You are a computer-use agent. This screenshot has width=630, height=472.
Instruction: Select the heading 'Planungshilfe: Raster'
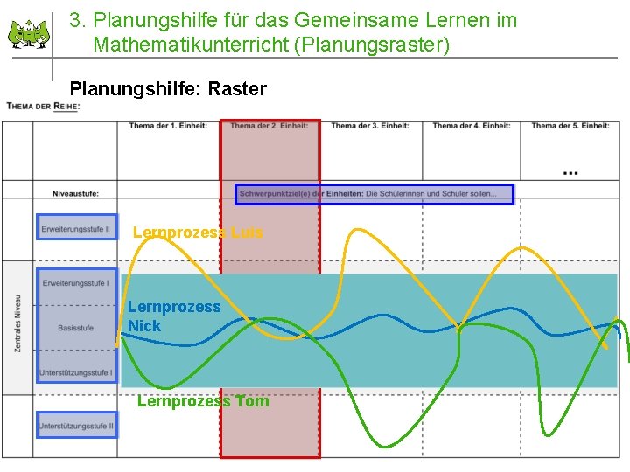click(x=168, y=88)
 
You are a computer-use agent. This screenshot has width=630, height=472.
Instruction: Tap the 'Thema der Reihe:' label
click(x=43, y=107)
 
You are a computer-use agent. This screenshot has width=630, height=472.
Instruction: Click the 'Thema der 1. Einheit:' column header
click(x=168, y=126)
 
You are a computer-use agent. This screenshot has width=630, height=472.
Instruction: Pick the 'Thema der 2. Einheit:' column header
click(x=269, y=126)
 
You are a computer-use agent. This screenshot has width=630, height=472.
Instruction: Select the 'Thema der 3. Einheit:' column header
click(x=369, y=126)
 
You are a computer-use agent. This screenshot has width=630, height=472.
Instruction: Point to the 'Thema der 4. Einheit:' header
click(x=471, y=126)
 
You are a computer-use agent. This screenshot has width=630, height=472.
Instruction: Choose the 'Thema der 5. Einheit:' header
click(x=570, y=126)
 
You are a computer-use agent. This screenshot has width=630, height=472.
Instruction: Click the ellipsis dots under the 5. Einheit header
click(x=570, y=173)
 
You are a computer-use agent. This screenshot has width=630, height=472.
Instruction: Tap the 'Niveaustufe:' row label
click(x=75, y=193)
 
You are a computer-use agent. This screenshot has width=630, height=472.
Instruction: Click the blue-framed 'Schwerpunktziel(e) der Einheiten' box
click(x=374, y=194)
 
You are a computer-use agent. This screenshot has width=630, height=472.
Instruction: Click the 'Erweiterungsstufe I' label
click(x=76, y=283)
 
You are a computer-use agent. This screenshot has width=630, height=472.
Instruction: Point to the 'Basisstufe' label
click(x=76, y=328)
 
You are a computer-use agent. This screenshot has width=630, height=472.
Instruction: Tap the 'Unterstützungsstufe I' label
click(x=76, y=372)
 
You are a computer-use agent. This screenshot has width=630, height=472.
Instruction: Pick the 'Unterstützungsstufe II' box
click(x=76, y=426)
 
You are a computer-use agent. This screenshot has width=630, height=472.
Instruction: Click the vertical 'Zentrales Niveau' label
click(x=17, y=323)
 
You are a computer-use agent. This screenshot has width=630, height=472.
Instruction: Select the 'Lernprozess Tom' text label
click(x=203, y=401)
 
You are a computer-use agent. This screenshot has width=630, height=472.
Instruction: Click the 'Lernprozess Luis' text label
click(x=198, y=233)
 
